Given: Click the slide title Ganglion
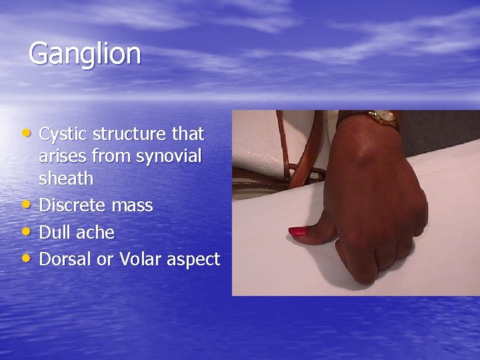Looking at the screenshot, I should [x=85, y=54].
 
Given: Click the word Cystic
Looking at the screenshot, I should [x=63, y=134].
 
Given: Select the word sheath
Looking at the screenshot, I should [x=66, y=179].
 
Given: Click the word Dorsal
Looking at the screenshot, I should [x=66, y=259].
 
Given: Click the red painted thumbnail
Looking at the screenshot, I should [x=297, y=232].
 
